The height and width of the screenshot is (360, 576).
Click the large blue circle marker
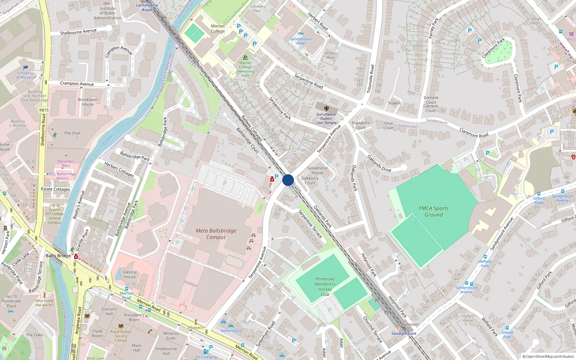[288, 180]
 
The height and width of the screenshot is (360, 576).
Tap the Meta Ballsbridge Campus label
[216, 234]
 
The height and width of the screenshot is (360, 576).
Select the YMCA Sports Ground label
[433, 211]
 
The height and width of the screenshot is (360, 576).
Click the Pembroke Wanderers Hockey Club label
[325, 287]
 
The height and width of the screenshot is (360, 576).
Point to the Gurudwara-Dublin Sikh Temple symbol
[326, 108]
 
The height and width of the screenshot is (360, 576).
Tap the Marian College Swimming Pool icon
[245, 58]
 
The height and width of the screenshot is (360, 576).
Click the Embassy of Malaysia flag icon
[26, 68]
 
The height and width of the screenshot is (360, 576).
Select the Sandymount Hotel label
[301, 41]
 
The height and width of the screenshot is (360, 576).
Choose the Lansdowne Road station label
[147, 8]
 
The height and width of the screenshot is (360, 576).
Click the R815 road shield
[44, 110]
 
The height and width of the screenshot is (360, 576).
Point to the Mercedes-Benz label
[66, 163]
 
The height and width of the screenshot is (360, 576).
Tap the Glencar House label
[130, 274]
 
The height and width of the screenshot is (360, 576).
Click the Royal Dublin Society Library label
[121, 336]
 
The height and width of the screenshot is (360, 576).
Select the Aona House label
[231, 330]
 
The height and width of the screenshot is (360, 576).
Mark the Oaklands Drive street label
[379, 163]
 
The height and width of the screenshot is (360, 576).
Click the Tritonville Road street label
[370, 79]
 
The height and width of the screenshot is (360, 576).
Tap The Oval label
[72, 133]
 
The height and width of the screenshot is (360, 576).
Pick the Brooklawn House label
[88, 102]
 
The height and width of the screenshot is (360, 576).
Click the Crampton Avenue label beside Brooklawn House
[77, 84]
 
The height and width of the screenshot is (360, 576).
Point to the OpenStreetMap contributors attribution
[549, 356]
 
